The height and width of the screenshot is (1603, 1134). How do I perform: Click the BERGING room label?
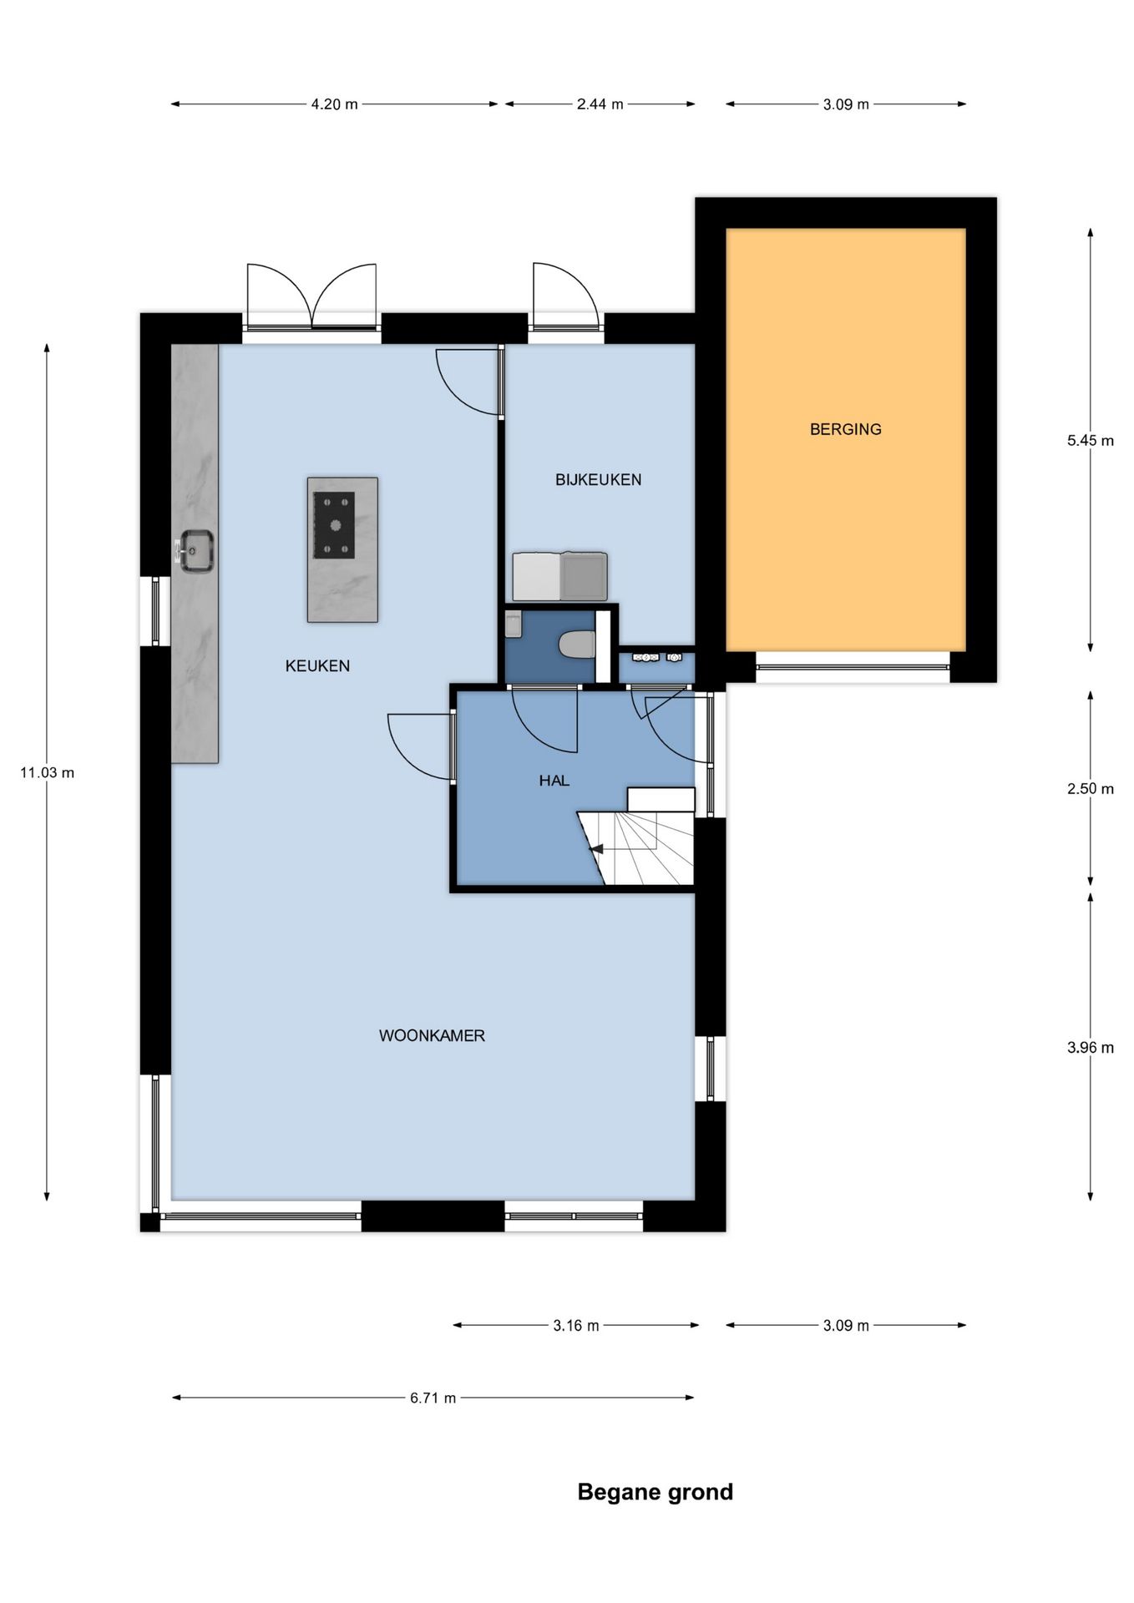tap(845, 429)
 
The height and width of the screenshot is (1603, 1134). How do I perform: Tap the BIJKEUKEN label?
tap(598, 479)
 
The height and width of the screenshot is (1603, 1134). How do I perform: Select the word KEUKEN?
tap(317, 665)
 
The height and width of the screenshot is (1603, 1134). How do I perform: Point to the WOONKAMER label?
tap(432, 1035)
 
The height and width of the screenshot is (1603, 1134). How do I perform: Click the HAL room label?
tap(554, 781)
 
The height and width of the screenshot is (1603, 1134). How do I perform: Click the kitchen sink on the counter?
tap(196, 551)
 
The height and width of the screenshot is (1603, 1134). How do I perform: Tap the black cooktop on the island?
tap(334, 525)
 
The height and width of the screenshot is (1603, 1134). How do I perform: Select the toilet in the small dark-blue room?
tap(576, 644)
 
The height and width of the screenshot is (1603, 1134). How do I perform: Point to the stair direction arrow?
tap(596, 849)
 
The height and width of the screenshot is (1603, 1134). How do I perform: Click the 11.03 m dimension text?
tap(47, 772)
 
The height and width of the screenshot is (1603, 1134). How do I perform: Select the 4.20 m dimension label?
tap(334, 104)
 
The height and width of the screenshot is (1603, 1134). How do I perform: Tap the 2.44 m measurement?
tap(600, 104)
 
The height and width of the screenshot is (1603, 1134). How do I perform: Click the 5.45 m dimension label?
tap(1090, 441)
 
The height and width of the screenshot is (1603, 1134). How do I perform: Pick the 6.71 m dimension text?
tap(433, 1398)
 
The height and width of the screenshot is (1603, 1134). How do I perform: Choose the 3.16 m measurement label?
tap(575, 1325)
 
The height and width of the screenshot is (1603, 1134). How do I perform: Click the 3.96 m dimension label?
tap(1090, 1048)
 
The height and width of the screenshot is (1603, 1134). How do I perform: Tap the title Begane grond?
tap(655, 1492)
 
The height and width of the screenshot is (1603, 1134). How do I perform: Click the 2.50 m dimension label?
tap(1090, 789)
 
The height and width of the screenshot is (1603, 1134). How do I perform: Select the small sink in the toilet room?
tap(513, 624)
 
